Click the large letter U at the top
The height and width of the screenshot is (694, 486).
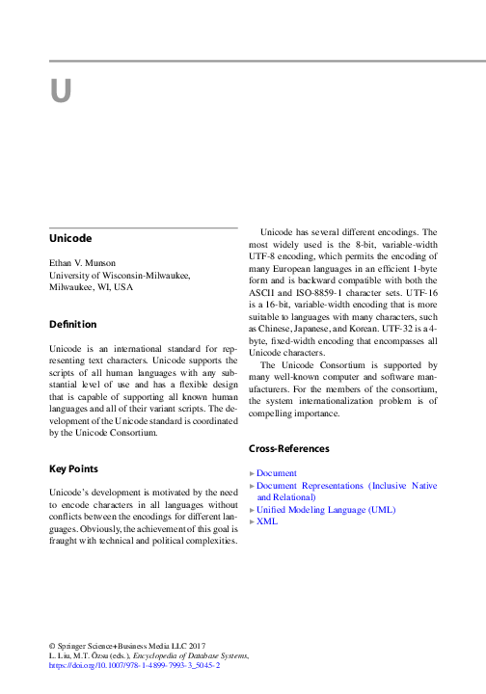pyautogui.click(x=62, y=92)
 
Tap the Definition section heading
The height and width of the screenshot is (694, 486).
pyautogui.click(x=72, y=324)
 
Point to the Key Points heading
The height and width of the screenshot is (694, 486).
pyautogui.click(x=75, y=468)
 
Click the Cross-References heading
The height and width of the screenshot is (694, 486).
pyautogui.click(x=289, y=448)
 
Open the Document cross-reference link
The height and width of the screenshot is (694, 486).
pyautogui.click(x=277, y=473)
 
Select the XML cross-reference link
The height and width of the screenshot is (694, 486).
pyautogui.click(x=267, y=520)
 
